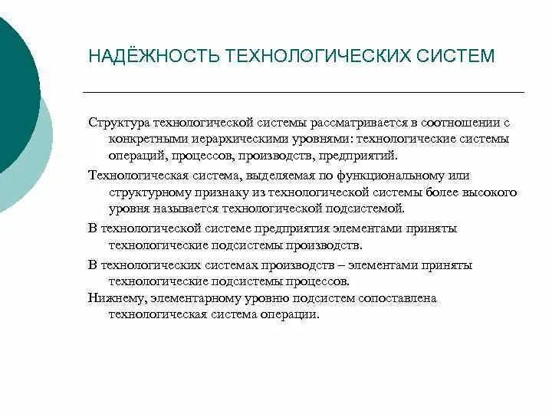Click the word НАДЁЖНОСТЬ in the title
click(x=153, y=57)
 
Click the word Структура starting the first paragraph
click(x=119, y=123)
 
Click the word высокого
click(x=493, y=192)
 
